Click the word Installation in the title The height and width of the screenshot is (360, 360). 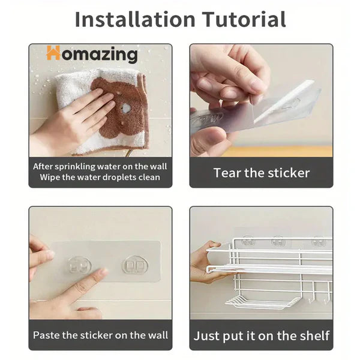[135, 19]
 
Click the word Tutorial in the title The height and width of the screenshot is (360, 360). [244, 19]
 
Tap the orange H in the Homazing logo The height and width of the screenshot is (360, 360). [53, 53]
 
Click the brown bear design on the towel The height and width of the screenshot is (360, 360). [119, 108]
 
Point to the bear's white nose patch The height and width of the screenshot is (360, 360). [125, 107]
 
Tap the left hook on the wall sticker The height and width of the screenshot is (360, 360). [79, 265]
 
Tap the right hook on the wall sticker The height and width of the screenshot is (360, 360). [136, 265]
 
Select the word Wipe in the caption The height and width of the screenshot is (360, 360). [50, 177]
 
